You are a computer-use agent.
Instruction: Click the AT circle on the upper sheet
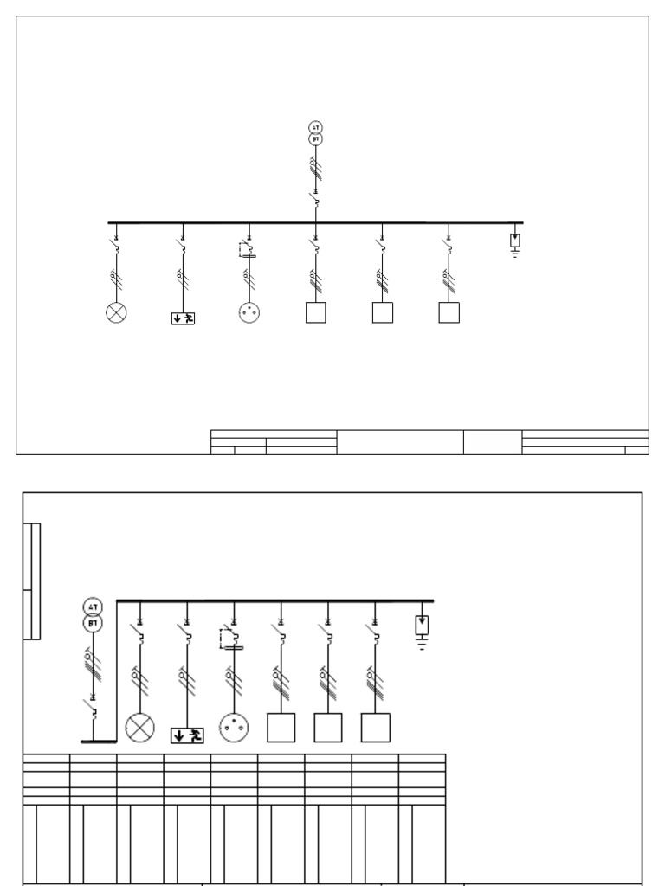coord(316,128)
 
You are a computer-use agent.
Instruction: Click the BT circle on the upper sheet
coord(316,138)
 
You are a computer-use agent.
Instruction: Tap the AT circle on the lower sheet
coord(93,607)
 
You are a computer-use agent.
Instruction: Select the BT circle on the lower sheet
coord(93,623)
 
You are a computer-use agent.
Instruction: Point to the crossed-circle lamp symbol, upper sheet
coord(115,312)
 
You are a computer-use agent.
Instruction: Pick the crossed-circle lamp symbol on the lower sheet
coord(139,728)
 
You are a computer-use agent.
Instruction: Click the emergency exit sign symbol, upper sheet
coord(183,318)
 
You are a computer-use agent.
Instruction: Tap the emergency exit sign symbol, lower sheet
coord(187,735)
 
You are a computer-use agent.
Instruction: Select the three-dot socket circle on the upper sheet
coord(249,312)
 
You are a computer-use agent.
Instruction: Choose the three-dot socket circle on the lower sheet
coord(234,728)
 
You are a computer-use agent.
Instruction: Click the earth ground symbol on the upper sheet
coord(515,253)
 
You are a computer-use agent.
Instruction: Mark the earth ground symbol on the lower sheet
coord(422,642)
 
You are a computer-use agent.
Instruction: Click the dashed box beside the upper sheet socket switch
coord(243,250)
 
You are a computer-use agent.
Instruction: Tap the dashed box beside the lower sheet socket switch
coord(228,639)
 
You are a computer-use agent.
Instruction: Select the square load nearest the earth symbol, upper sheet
coord(449,312)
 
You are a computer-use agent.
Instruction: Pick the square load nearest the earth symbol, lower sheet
coord(375,728)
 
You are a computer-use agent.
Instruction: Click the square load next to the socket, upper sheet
coord(316,312)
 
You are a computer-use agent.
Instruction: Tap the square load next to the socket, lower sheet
coord(281,728)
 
